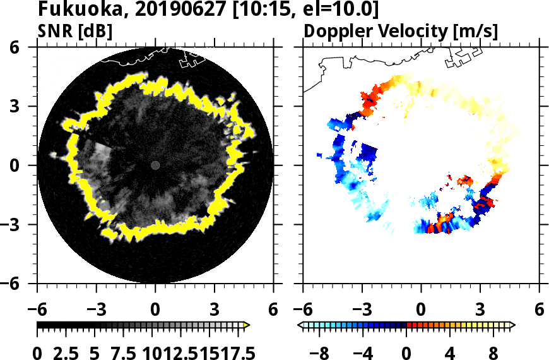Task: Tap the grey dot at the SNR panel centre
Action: click(x=155, y=165)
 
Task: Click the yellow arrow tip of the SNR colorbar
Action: click(x=247, y=325)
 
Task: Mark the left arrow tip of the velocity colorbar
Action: click(x=300, y=325)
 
